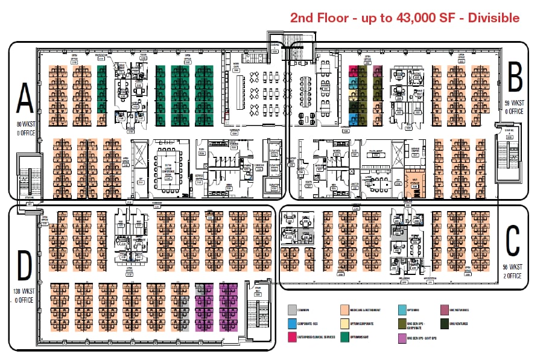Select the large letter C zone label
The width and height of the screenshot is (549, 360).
point(512,241)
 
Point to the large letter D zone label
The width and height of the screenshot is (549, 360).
point(25,267)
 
